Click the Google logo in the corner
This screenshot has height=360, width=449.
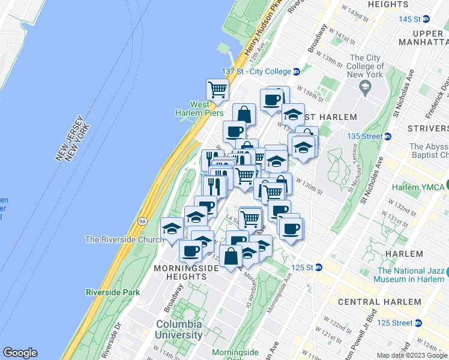pyautogui.click(x=20, y=353)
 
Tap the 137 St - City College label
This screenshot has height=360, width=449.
pyautogui.click(x=256, y=71)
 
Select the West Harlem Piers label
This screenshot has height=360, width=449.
pyautogui.click(x=199, y=108)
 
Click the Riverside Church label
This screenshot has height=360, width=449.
pyautogui.click(x=124, y=239)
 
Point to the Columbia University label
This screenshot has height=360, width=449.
pyautogui.click(x=179, y=329)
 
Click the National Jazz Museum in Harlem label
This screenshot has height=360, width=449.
pyautogui.click(x=410, y=274)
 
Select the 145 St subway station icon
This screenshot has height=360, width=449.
pyautogui.click(x=426, y=19)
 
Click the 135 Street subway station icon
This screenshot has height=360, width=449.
pyautogui.click(x=388, y=136)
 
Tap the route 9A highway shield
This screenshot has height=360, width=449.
pyautogui.click(x=142, y=221)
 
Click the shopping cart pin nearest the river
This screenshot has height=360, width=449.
pyautogui.click(x=217, y=90)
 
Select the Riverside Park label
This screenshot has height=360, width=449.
pyautogui.click(x=113, y=292)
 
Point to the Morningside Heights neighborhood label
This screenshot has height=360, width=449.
pyautogui.click(x=181, y=272)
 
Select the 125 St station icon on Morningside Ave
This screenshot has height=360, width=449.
pyautogui.click(x=319, y=267)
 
